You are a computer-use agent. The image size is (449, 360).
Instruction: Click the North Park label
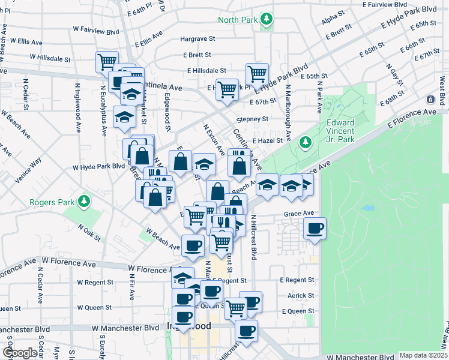pos(238,20)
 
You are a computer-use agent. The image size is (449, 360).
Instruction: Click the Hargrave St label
pos(197,39)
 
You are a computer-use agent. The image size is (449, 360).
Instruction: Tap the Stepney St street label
pos(252,119)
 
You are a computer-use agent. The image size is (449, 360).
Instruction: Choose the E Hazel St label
pos(267,140)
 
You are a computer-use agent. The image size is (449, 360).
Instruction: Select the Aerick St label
pos(301,296)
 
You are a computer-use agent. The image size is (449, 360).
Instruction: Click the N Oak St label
pos(89,232)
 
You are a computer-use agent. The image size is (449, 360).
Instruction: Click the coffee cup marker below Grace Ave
pos(315,227)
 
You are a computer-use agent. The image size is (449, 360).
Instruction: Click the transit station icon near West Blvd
pos(430,99)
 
